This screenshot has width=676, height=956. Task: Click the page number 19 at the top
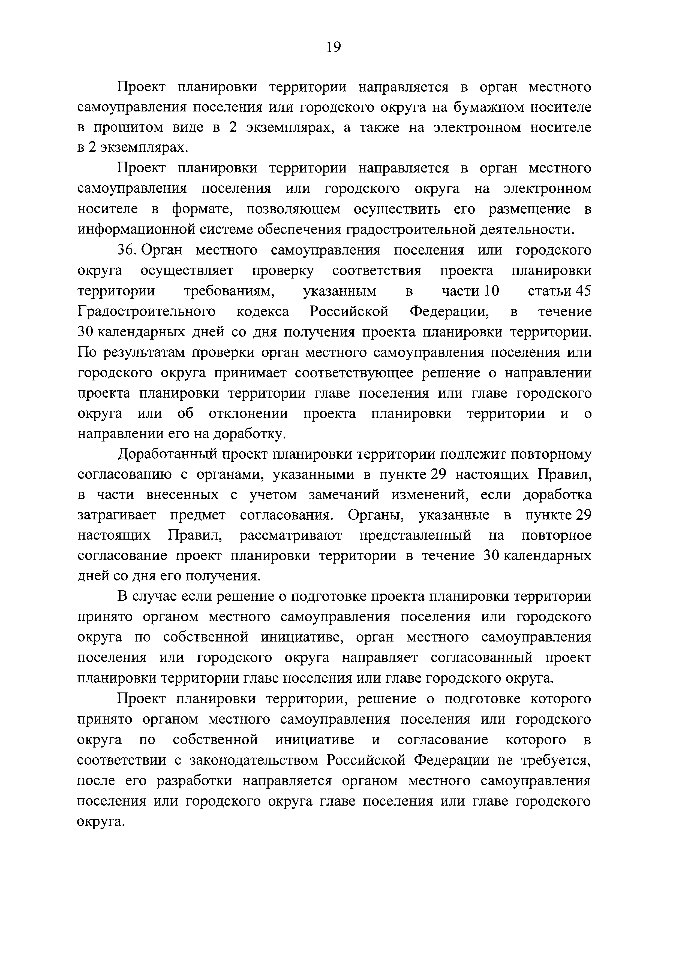pos(334,47)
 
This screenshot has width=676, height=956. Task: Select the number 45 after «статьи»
pos(583,291)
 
